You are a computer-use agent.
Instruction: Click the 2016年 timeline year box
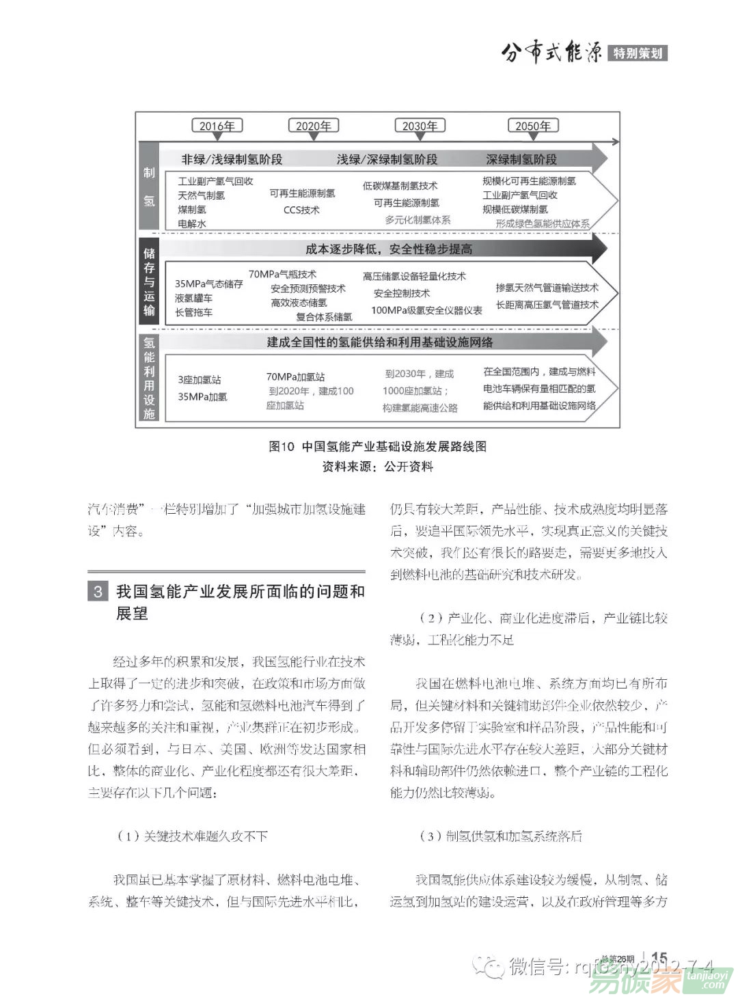coord(217,126)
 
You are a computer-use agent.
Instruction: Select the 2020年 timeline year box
coord(313,126)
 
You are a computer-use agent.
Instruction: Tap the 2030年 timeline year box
coord(420,126)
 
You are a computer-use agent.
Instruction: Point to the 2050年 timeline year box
coord(533,126)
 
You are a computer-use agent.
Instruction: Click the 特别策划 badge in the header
coord(637,53)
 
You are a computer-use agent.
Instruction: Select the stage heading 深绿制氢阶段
coord(521,159)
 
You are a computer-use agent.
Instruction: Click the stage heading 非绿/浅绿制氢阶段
coord(232,159)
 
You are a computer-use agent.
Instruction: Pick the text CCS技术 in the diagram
coord(301,210)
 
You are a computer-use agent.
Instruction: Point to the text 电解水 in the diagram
coord(192,223)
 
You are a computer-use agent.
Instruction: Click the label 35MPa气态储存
coord(208,284)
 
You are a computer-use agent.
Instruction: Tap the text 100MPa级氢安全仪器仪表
coord(426,310)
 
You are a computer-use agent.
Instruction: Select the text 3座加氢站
coord(200,379)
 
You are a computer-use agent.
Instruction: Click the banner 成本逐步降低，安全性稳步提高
coord(389,249)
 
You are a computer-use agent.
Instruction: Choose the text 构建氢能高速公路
coord(420,408)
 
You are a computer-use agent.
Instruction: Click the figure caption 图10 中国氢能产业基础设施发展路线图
coord(378,446)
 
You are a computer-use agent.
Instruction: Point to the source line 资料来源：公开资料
coord(378,467)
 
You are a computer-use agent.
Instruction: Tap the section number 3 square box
coord(98,591)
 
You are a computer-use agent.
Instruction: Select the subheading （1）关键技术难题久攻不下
coord(192,836)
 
